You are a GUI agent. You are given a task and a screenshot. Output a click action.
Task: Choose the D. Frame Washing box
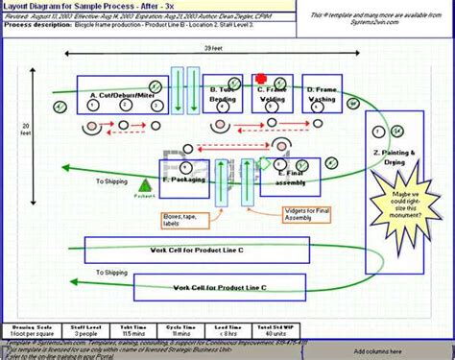[x=322, y=94]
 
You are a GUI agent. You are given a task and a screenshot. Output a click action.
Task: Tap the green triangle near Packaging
[x=145, y=184]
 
